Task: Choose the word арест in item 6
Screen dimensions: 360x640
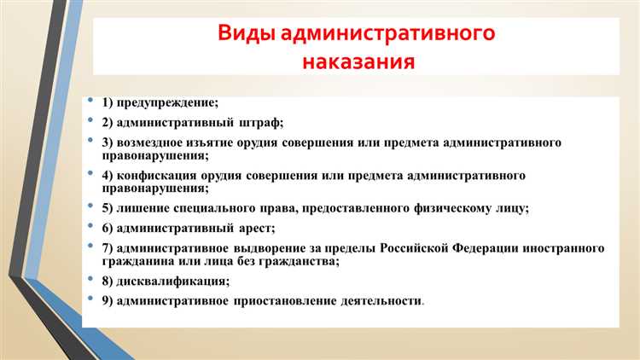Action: click(x=254, y=228)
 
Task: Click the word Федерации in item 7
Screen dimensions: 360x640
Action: click(x=466, y=247)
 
